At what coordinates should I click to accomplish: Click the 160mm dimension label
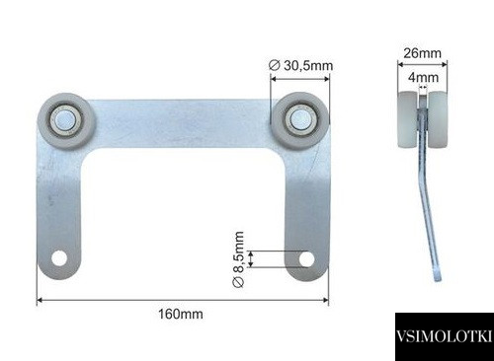click(x=181, y=314)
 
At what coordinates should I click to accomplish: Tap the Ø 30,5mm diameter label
click(x=300, y=65)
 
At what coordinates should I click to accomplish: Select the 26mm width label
click(x=422, y=53)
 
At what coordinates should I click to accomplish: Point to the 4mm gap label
click(x=423, y=78)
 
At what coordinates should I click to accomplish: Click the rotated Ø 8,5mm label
click(x=238, y=259)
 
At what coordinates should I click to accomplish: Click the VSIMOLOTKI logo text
click(x=445, y=336)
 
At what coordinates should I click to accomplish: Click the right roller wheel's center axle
click(x=299, y=118)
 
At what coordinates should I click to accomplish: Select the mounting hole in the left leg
click(x=59, y=258)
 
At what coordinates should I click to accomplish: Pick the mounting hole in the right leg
click(x=306, y=259)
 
